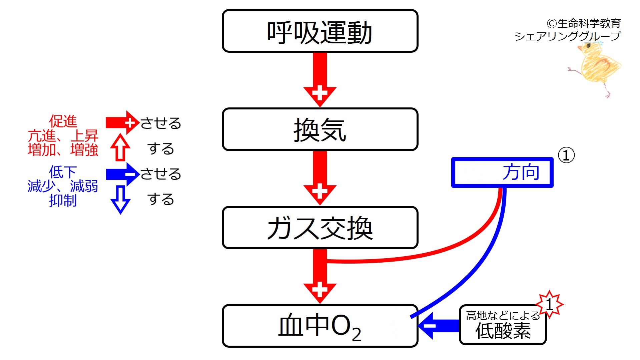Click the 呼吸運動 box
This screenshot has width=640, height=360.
(320, 31)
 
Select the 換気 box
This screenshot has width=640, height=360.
(320, 129)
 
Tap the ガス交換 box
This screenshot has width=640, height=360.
(320, 228)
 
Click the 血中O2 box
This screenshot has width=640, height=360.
(320, 326)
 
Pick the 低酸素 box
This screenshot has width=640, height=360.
(503, 325)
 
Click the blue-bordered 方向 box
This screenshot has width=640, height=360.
(502, 172)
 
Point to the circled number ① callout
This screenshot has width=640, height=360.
(566, 155)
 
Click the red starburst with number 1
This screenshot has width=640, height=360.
(549, 304)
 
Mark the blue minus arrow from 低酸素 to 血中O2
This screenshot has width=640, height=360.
(439, 326)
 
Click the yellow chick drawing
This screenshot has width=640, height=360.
(595, 68)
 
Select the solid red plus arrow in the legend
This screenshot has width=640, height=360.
(122, 123)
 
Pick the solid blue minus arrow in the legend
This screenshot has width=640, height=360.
(122, 174)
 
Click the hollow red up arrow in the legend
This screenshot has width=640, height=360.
(120, 147)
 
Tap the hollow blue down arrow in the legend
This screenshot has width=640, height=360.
(120, 200)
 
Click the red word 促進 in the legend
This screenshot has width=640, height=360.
(63, 121)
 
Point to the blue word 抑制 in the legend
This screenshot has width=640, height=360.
(63, 201)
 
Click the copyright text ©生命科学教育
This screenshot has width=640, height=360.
(584, 23)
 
